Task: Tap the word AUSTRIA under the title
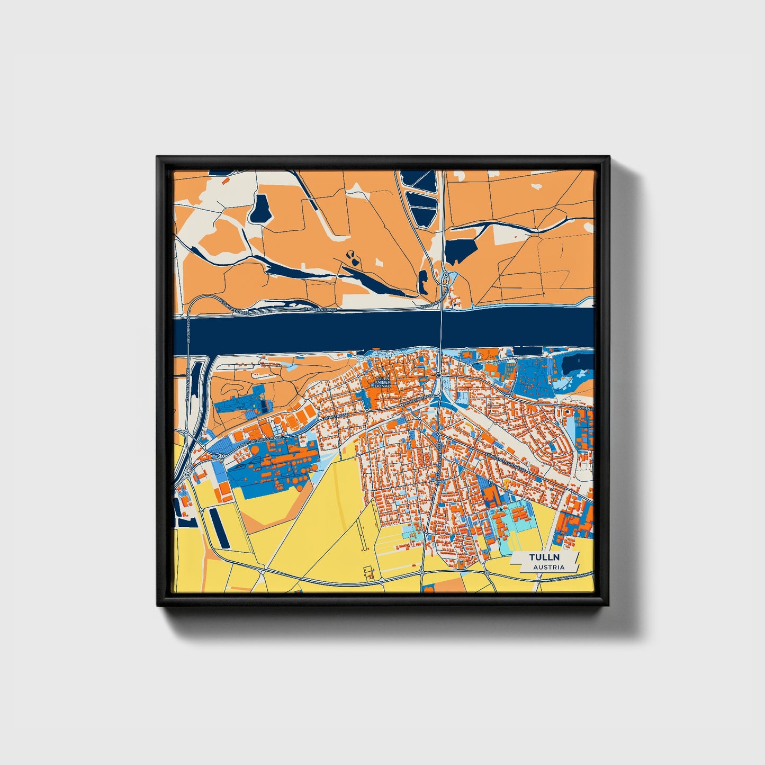(548, 567)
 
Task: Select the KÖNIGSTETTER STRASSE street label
(507, 461)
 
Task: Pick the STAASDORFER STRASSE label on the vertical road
(438, 461)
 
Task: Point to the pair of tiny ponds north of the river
(352, 257)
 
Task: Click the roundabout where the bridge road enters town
(439, 375)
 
